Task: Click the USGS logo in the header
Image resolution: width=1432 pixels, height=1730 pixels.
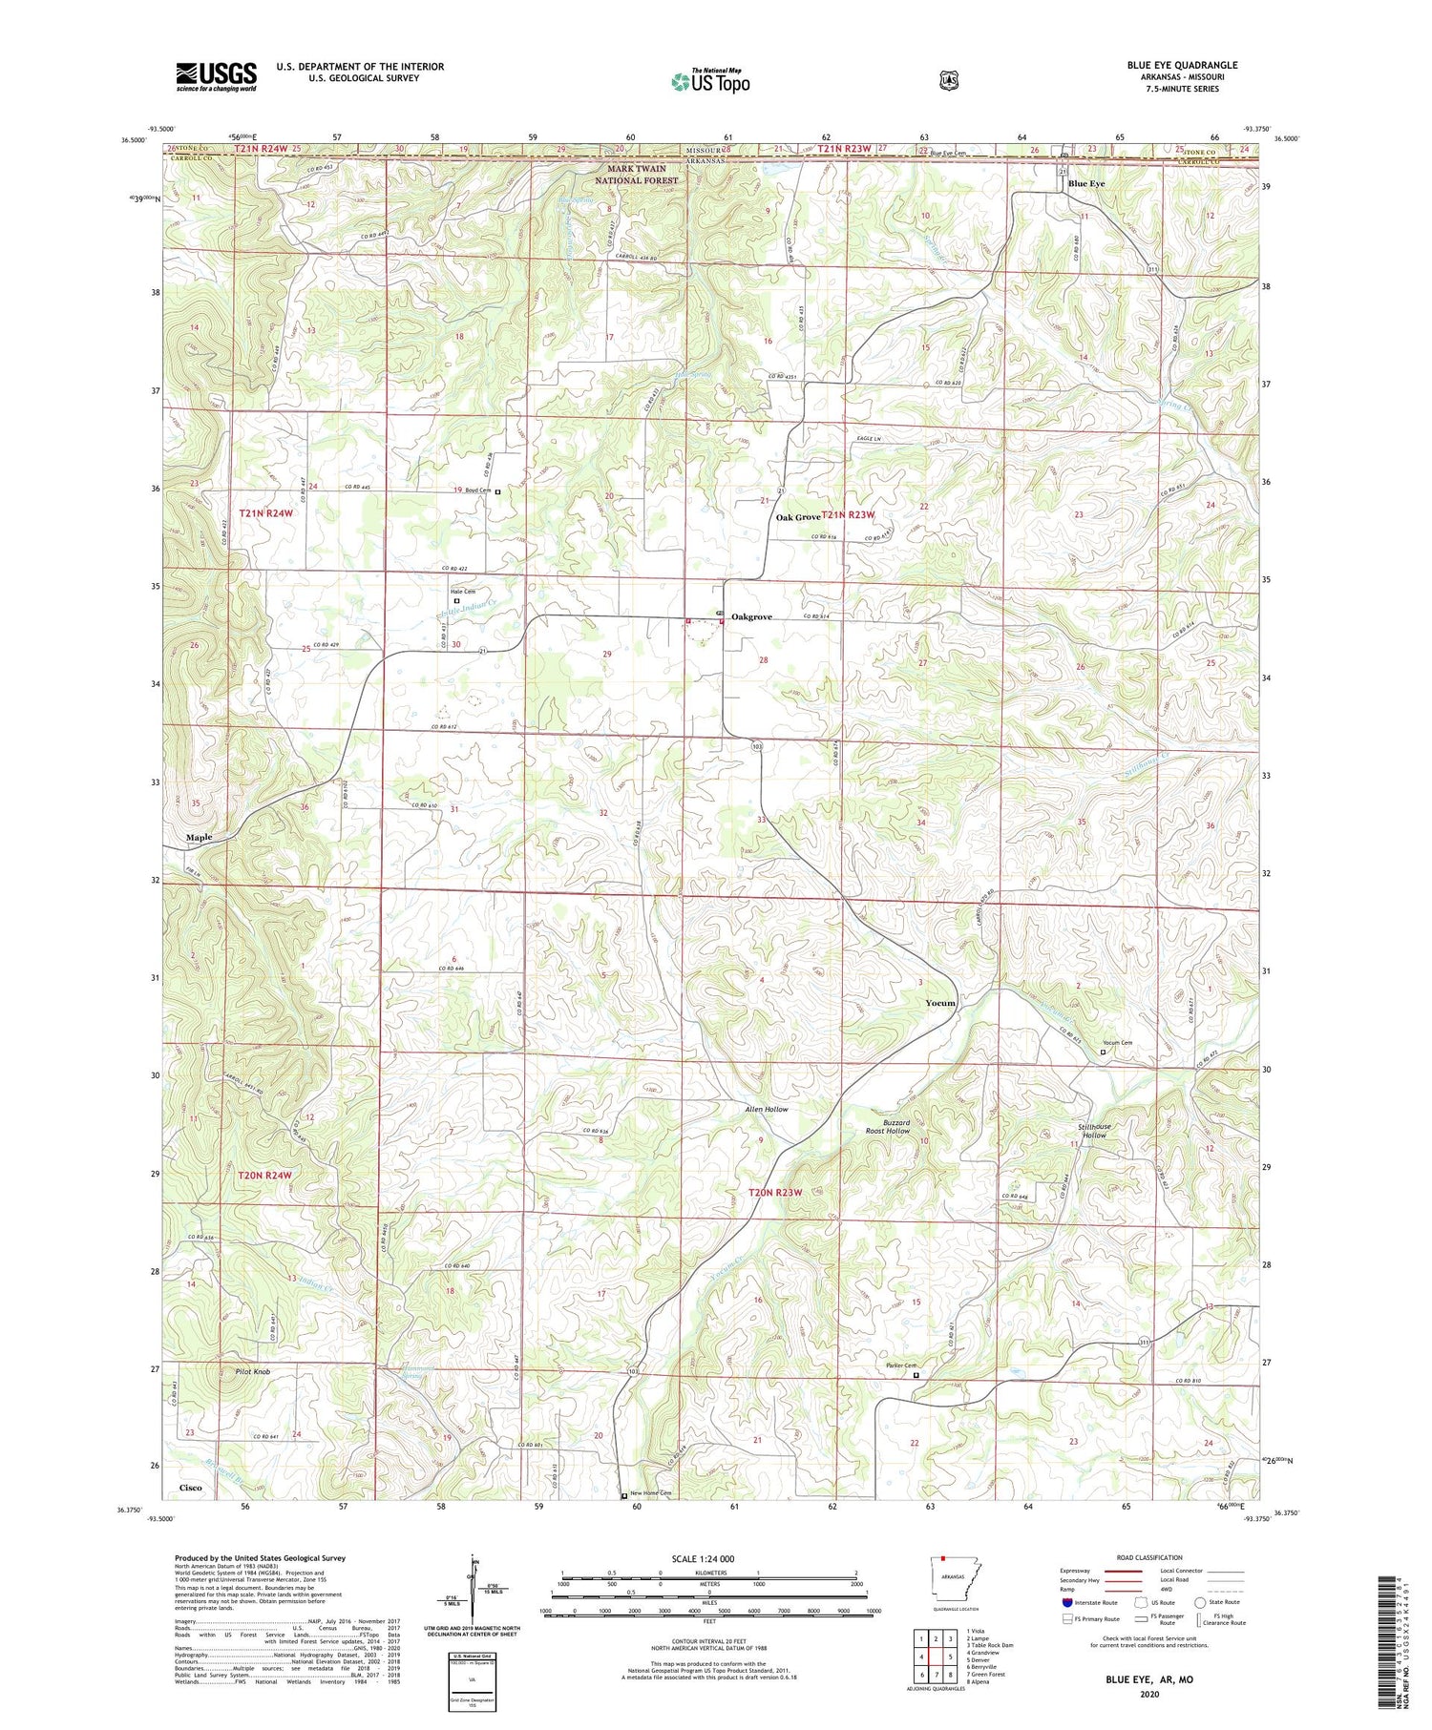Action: (216, 76)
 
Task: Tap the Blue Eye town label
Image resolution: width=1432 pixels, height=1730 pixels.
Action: (1086, 184)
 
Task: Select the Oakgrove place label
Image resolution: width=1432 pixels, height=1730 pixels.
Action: (751, 617)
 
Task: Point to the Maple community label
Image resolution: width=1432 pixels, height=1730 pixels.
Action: (199, 837)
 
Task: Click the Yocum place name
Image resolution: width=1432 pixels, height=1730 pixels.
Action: (940, 1003)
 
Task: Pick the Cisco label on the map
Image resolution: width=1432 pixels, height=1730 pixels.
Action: (190, 1488)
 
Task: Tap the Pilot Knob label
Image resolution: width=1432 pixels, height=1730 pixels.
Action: (253, 1371)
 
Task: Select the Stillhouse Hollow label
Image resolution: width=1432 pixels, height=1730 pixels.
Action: (1095, 1131)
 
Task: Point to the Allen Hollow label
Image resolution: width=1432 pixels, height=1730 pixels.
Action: (767, 1110)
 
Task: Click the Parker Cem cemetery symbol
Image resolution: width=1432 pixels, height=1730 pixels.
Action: (916, 1375)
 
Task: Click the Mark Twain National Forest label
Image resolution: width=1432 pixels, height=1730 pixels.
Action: (637, 175)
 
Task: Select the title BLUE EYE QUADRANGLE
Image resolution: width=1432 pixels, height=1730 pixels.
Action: (1182, 65)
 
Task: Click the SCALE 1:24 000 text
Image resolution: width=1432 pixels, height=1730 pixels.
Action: (708, 1558)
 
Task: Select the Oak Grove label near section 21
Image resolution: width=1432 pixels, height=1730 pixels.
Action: (797, 517)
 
